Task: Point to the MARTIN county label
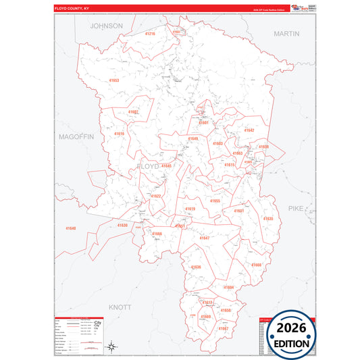(286, 32)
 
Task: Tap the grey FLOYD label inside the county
(148, 165)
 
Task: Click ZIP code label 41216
(150, 34)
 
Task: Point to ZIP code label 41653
(114, 80)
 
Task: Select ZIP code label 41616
(119, 134)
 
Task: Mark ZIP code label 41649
(193, 138)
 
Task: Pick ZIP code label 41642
(249, 130)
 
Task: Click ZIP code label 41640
(71, 228)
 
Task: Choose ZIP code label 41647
(205, 238)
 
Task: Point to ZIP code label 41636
(196, 267)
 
